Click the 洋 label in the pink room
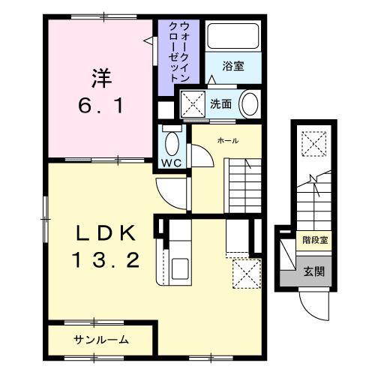(x=102, y=76)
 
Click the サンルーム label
(x=101, y=339)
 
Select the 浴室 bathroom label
(x=233, y=66)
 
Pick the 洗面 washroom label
(x=220, y=103)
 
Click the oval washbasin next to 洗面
(x=249, y=103)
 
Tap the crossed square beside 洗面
(x=192, y=103)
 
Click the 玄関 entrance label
(x=313, y=271)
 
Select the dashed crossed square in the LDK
(x=244, y=271)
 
